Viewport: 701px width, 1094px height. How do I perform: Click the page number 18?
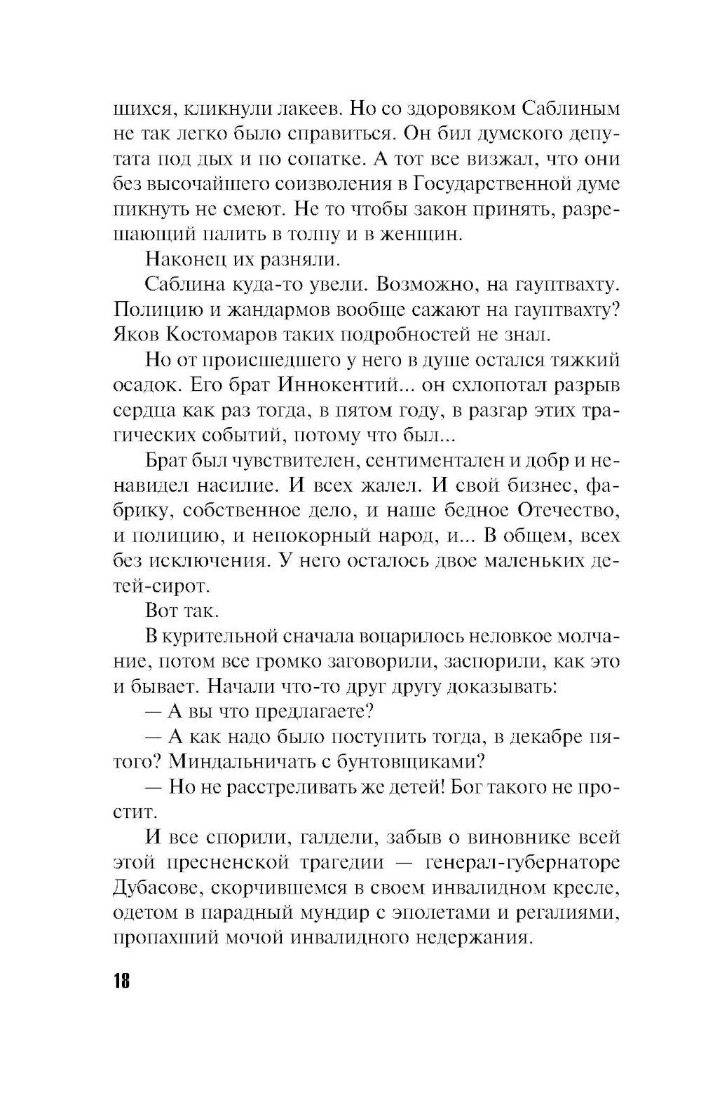coord(121,979)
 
